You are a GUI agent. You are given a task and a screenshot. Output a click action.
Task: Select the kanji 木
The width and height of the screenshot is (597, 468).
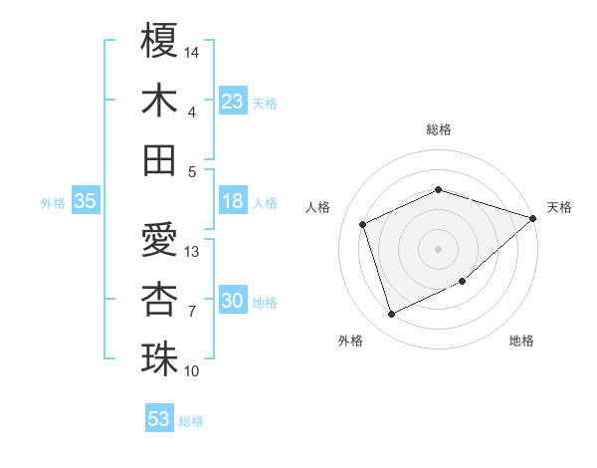[159, 101]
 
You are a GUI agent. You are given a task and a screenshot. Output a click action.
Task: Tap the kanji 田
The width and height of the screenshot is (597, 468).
[159, 160]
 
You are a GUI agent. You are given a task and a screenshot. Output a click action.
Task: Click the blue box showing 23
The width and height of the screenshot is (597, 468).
[233, 101]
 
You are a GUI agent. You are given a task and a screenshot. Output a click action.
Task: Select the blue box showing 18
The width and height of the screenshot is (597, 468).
[233, 201]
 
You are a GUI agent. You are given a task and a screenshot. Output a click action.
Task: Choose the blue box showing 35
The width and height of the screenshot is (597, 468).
[86, 201]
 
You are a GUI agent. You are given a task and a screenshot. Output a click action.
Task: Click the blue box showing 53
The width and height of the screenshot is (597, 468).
[159, 419]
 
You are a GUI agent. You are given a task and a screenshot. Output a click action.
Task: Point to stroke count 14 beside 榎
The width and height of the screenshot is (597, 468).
[193, 51]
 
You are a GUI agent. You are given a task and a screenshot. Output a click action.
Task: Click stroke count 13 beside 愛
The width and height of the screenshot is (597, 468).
[193, 251]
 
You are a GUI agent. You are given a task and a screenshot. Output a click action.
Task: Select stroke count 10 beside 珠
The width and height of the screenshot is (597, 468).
[193, 371]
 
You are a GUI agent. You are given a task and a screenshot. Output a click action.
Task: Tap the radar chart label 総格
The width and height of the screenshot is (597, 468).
[439, 129]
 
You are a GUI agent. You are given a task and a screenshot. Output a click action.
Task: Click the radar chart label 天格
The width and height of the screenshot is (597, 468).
[559, 207]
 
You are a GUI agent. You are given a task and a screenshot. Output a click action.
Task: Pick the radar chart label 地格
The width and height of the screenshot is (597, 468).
[521, 341]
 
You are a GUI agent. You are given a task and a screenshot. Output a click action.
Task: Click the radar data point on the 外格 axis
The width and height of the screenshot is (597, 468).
[391, 315]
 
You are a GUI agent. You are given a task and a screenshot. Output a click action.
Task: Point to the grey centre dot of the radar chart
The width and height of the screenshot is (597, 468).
[439, 248]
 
